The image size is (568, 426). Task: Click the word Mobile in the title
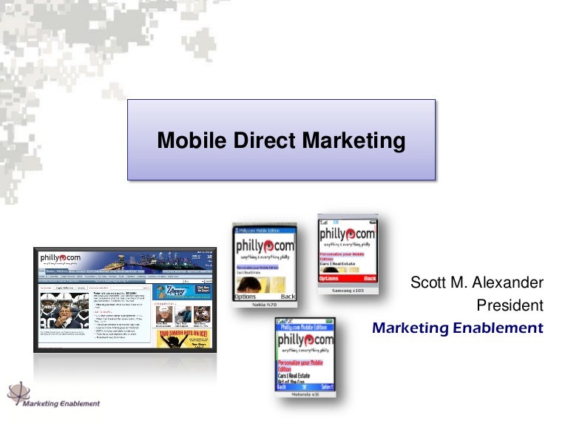[189, 141]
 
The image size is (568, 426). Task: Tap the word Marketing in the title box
[351, 141]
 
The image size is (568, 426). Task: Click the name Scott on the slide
[429, 283]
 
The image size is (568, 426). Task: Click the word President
[510, 305]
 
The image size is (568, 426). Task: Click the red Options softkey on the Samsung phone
[330, 279]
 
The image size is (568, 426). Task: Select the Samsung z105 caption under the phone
[347, 289]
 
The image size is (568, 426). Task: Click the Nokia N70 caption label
[264, 305]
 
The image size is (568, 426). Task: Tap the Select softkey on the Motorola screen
[327, 387]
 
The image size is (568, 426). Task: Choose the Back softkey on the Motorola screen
[281, 387]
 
